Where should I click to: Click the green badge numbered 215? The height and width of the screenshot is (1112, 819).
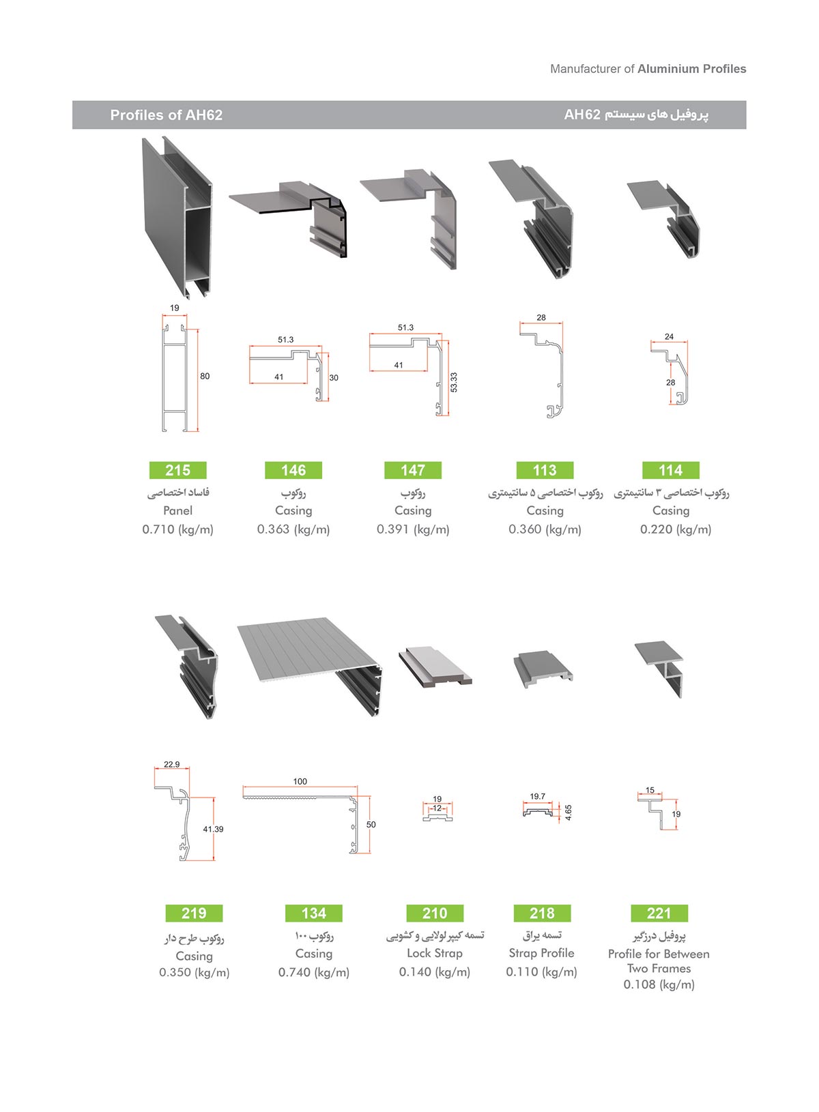(178, 470)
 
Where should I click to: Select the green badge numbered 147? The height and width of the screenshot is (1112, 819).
(413, 470)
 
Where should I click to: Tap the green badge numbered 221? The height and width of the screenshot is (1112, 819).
(659, 913)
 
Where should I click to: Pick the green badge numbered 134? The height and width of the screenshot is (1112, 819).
(313, 913)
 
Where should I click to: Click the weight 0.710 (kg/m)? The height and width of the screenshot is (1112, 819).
(178, 529)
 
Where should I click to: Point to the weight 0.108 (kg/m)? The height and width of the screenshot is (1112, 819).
(659, 984)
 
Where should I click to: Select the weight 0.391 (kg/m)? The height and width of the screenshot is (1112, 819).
(413, 529)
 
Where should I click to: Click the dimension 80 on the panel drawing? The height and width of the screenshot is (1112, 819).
(205, 377)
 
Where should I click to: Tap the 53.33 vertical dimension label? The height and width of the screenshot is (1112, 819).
(454, 382)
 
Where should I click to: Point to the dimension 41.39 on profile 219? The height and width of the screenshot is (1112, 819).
(213, 829)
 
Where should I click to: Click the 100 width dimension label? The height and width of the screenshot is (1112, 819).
(300, 781)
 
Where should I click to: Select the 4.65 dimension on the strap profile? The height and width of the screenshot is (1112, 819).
(569, 812)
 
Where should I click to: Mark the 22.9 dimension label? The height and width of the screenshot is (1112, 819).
(172, 765)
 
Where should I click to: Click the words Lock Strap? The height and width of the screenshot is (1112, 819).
(435, 953)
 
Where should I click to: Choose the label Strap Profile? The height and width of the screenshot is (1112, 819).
(541, 953)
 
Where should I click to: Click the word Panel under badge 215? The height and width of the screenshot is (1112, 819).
(178, 510)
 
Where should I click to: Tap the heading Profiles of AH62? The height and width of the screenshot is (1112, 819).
(167, 115)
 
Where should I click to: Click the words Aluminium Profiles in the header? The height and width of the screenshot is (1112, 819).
(692, 69)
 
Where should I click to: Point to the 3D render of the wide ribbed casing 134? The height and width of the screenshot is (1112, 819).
(310, 667)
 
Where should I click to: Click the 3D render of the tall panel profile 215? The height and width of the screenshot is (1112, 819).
(177, 218)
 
